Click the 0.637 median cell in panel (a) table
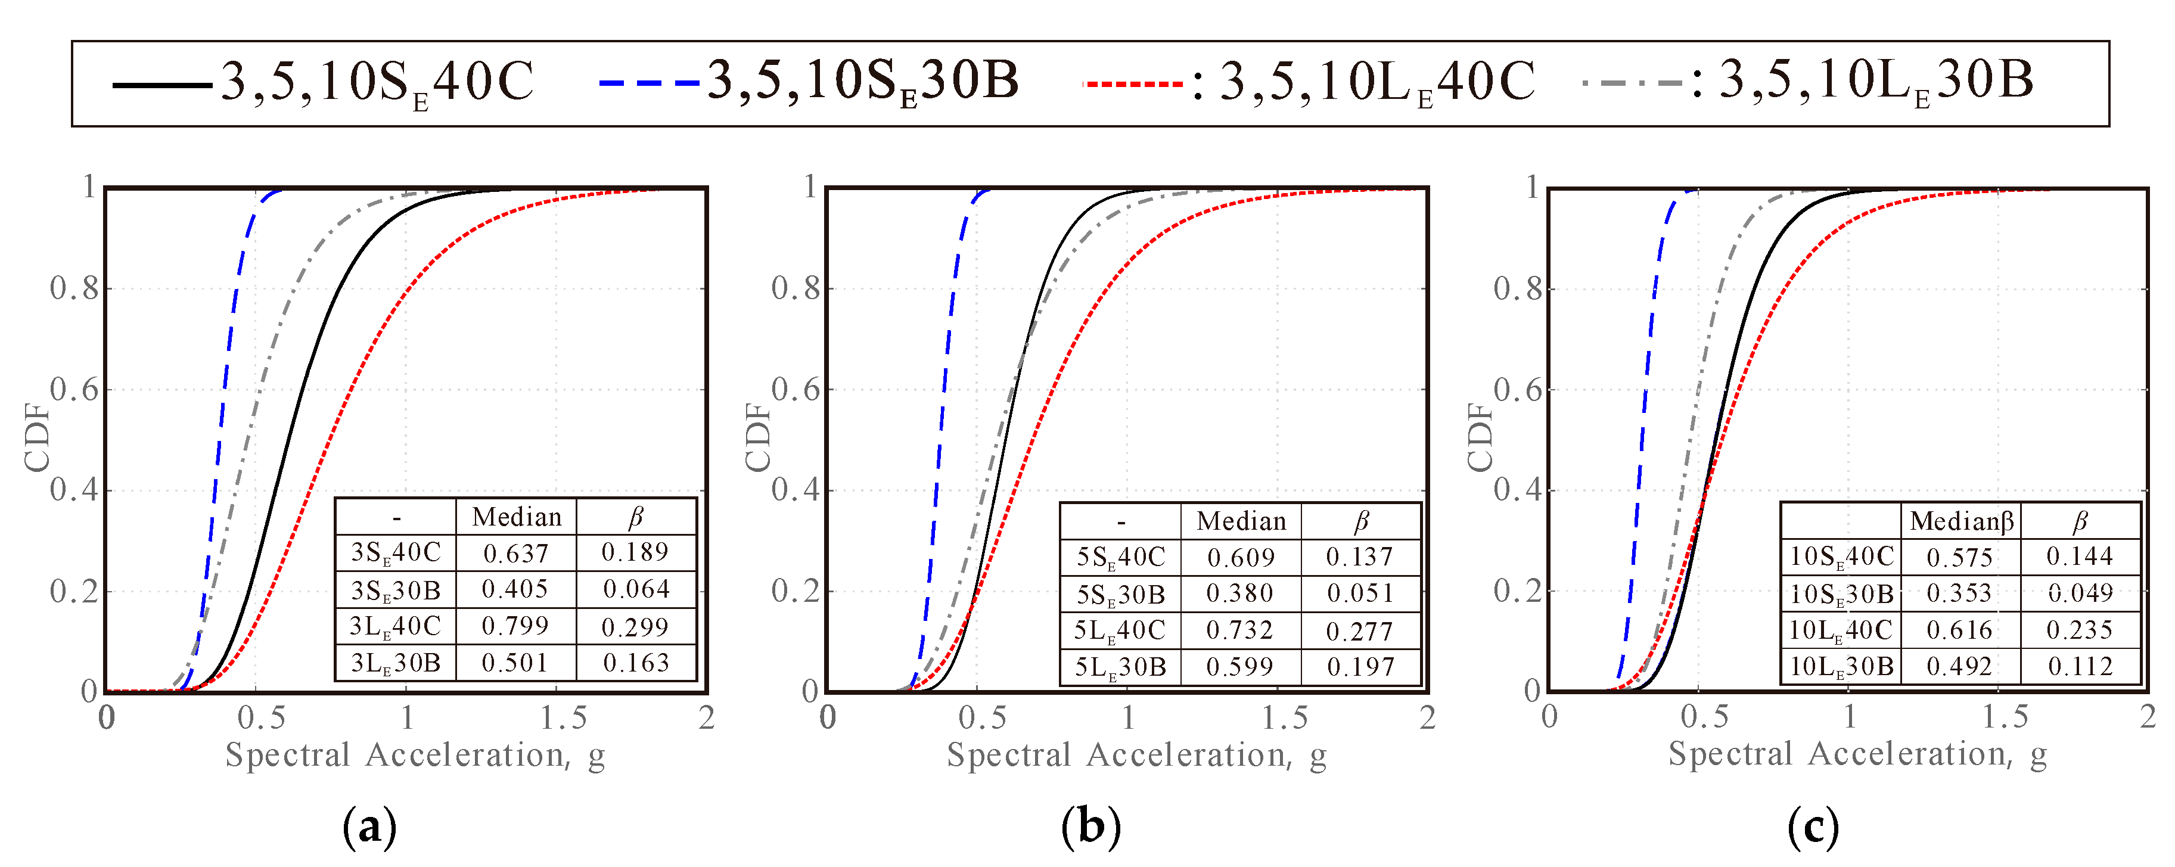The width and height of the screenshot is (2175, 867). [x=516, y=553]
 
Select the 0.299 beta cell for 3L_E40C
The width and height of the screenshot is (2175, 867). [x=635, y=626]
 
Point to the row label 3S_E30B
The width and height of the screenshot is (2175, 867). [x=395, y=590]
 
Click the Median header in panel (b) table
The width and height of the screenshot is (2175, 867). [x=1241, y=521]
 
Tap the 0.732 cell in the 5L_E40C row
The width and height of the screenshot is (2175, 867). [x=1239, y=630]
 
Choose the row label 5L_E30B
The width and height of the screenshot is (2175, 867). [x=1120, y=667]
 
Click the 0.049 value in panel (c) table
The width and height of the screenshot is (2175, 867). [x=2080, y=593]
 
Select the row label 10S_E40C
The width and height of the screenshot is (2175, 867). [x=1841, y=557]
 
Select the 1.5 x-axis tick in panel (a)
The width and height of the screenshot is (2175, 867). [x=563, y=717]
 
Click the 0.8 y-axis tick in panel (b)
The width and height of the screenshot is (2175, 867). [x=796, y=289]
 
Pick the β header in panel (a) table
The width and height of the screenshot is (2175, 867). [x=636, y=517]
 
